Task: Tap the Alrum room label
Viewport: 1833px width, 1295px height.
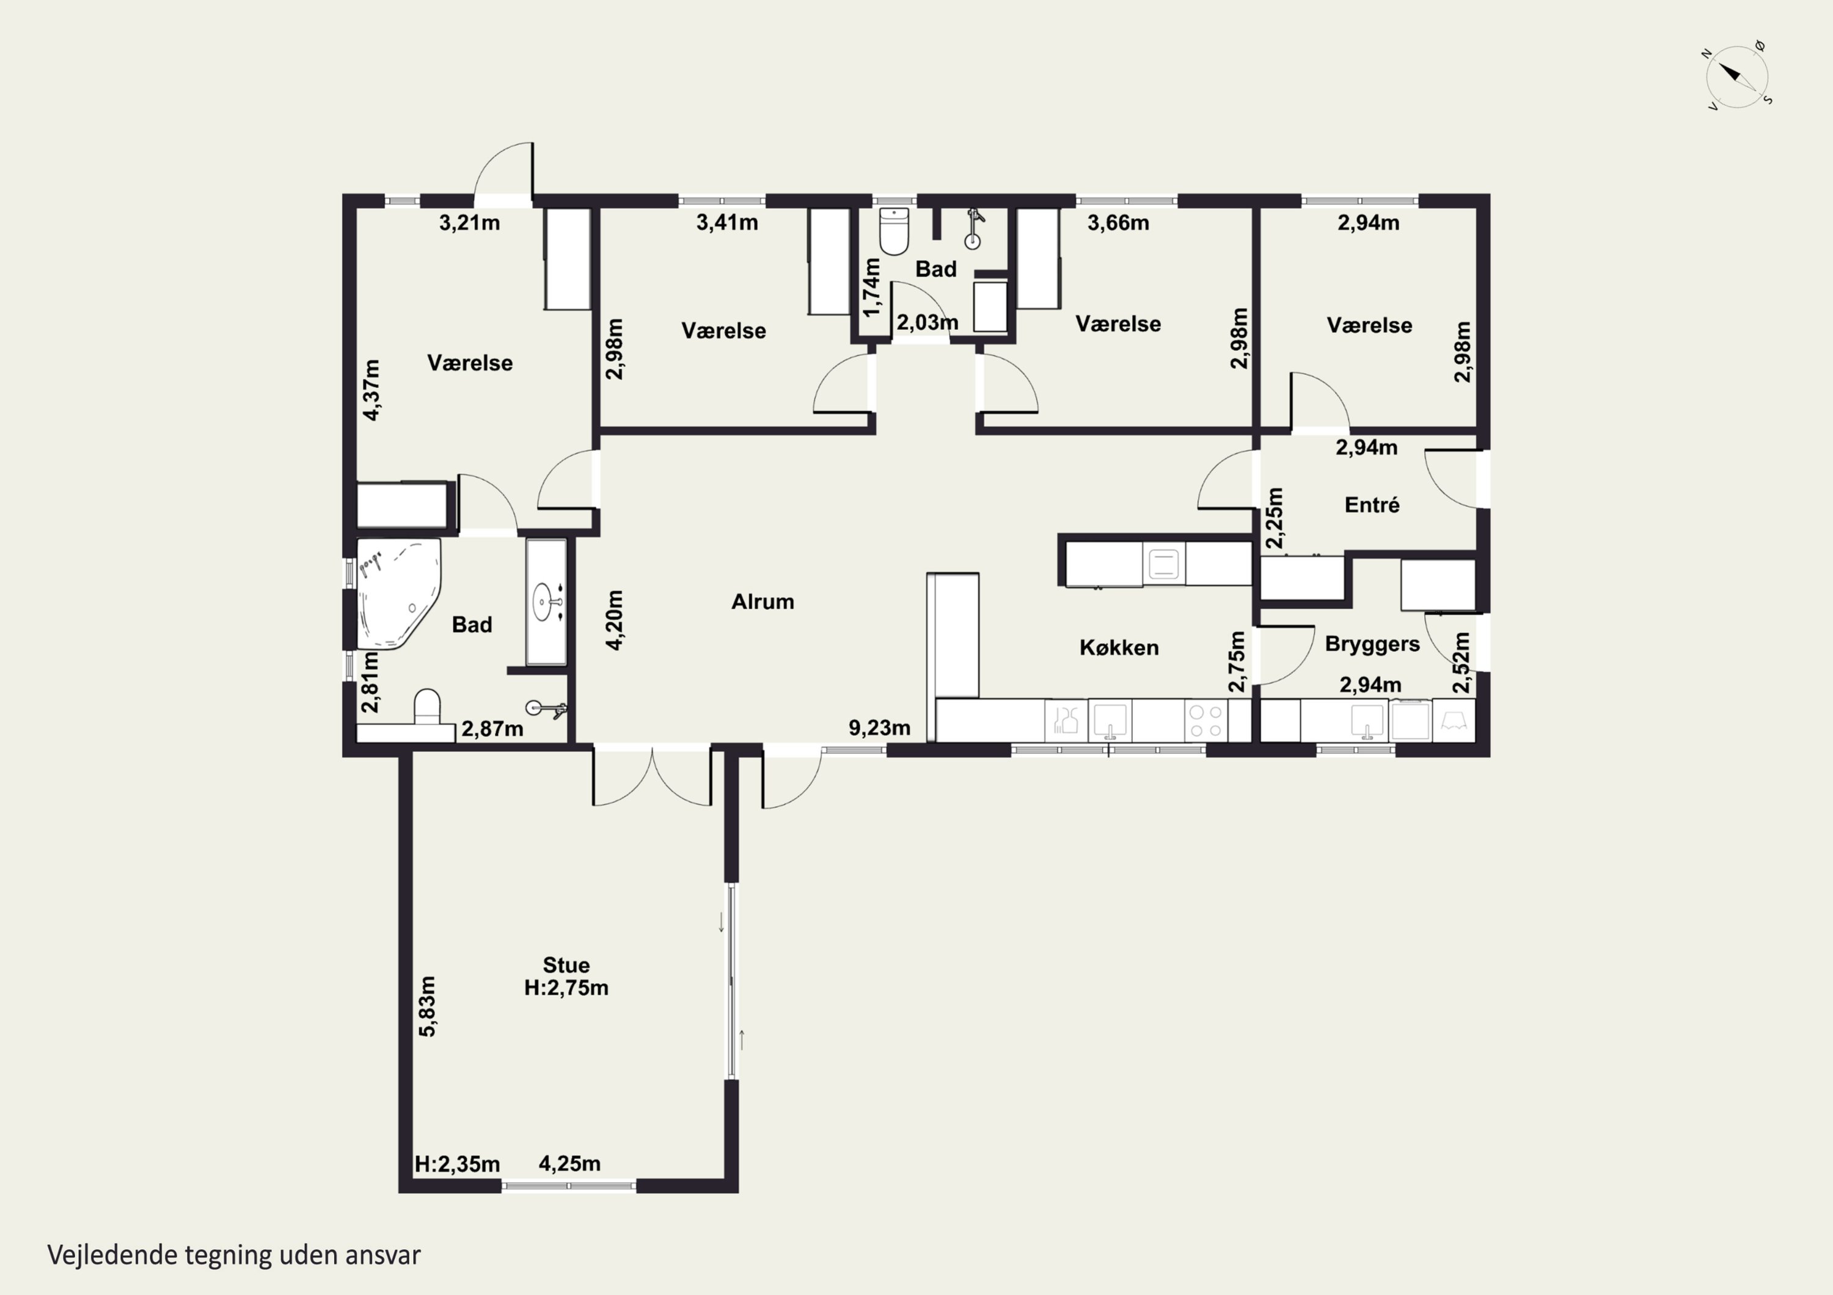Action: (x=763, y=601)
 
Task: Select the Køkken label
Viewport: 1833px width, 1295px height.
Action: (x=1119, y=647)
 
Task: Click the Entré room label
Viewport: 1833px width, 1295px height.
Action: (x=1372, y=505)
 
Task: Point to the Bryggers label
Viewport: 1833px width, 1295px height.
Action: (x=1372, y=644)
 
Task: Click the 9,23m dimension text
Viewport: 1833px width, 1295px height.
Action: (x=879, y=728)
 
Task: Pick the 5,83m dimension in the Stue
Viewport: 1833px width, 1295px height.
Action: (x=428, y=1006)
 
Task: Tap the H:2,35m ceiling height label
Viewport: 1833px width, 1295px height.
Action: (x=458, y=1164)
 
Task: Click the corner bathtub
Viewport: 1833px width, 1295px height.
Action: (x=398, y=593)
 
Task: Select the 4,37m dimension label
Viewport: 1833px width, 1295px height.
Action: (x=372, y=390)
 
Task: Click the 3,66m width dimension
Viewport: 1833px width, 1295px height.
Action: (x=1118, y=223)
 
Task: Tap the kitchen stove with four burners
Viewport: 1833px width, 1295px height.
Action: (x=1205, y=720)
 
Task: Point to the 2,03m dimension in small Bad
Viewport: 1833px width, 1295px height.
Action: (x=927, y=322)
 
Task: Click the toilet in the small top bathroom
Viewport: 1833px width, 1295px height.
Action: (x=893, y=231)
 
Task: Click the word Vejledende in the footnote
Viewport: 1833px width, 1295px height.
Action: (x=112, y=1255)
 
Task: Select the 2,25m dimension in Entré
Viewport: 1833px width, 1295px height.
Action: (x=1275, y=518)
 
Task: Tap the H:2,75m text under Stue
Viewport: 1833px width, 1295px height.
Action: (x=566, y=988)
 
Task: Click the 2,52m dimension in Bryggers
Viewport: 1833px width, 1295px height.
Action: (x=1461, y=662)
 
